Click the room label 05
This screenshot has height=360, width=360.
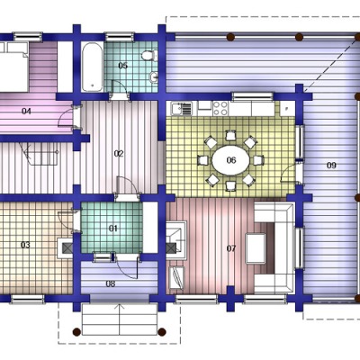[122, 66]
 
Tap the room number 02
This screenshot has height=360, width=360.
[119, 154]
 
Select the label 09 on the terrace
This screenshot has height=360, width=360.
[331, 166]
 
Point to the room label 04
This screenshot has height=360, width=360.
[26, 112]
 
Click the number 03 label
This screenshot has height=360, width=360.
[25, 245]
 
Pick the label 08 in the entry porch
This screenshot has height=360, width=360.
[111, 283]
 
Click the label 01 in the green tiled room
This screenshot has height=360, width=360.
[113, 229]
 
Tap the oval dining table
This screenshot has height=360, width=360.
[230, 160]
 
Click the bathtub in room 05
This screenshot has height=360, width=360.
[93, 67]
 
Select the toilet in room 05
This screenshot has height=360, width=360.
[149, 56]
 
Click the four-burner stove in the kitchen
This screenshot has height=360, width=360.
[220, 108]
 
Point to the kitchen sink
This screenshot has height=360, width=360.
[182, 109]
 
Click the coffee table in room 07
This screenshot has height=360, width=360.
[256, 248]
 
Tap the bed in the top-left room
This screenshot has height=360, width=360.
[14, 67]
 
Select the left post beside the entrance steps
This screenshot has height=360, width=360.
[76, 332]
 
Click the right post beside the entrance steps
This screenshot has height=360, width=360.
[162, 332]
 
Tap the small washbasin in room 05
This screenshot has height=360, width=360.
[154, 76]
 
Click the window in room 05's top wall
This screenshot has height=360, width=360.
[120, 37]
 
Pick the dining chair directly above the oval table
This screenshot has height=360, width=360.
[230, 136]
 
